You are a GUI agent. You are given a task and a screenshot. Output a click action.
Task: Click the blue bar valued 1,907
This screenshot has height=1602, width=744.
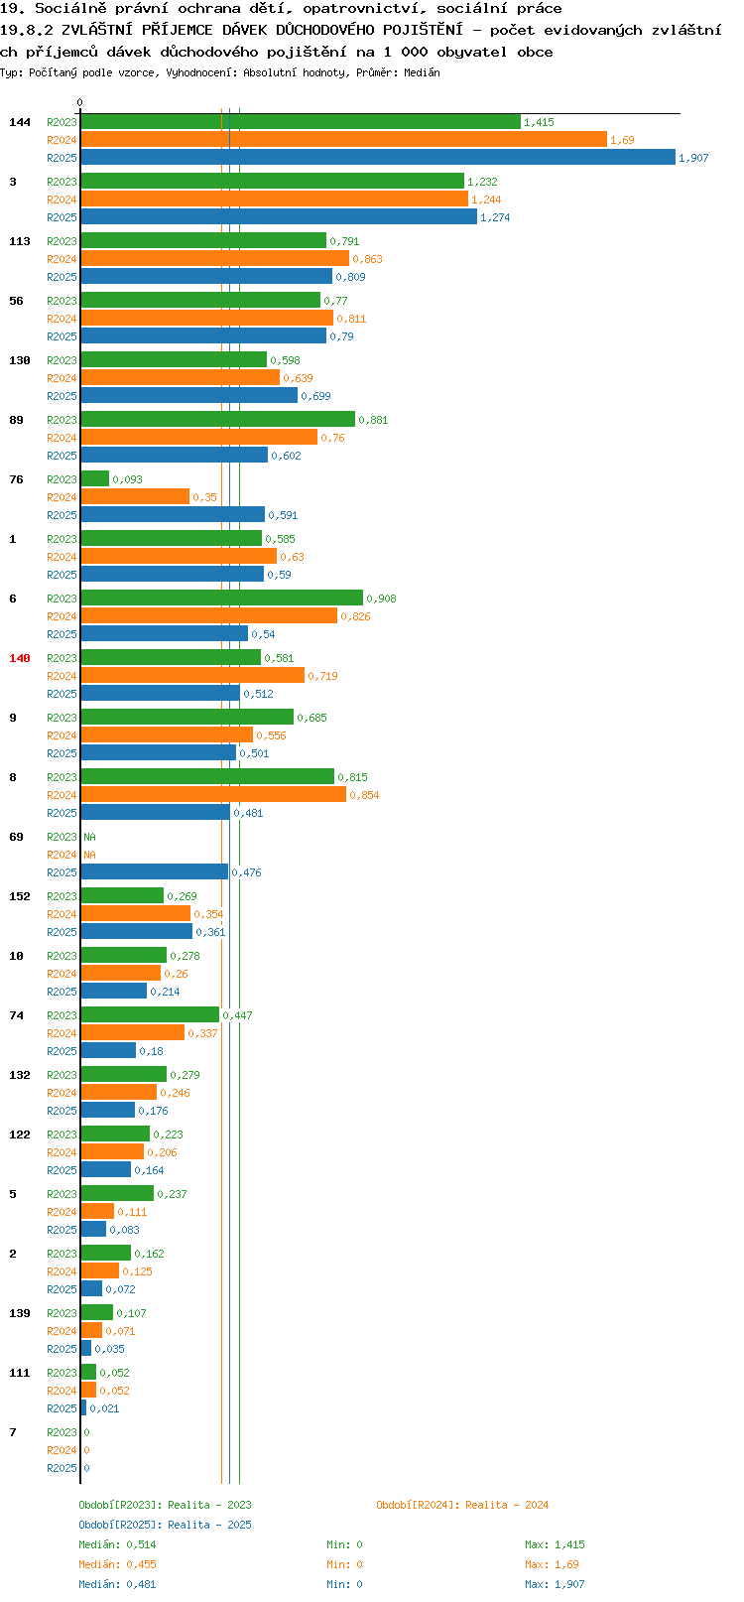coord(378,158)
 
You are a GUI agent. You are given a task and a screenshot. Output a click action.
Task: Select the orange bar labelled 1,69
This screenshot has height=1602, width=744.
coord(344,140)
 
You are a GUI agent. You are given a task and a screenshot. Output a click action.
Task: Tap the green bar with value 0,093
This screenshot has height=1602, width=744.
coord(95,478)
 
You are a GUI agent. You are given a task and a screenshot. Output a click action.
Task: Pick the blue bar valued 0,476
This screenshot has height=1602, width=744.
coord(155,871)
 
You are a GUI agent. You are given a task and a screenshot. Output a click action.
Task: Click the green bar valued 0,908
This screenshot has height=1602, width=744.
coord(222,598)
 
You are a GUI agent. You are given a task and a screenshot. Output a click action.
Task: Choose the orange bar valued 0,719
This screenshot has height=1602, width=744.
coord(193,675)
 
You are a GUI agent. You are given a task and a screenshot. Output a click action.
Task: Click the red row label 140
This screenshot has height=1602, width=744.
coord(19,658)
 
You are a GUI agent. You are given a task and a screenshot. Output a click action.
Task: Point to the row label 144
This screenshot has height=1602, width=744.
coord(19,122)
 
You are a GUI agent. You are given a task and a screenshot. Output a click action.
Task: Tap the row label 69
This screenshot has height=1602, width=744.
coord(16,837)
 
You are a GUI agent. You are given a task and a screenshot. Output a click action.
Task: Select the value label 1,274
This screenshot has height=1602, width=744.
coord(495,217)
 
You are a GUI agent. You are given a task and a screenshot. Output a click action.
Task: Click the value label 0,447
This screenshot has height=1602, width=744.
coord(237,1015)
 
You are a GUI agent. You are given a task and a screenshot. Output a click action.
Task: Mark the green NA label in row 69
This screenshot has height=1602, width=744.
coord(89,837)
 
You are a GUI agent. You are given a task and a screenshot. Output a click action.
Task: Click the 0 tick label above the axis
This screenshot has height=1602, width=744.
coord(79,102)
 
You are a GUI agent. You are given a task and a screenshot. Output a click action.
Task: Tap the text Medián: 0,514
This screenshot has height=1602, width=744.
coord(117,1544)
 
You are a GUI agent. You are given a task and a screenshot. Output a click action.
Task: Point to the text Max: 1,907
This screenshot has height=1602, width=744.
coord(555,1584)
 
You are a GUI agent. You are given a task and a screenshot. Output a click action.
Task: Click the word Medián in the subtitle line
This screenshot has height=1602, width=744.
coord(422,72)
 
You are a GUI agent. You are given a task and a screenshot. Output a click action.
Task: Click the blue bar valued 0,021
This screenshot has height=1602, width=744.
coord(83,1407)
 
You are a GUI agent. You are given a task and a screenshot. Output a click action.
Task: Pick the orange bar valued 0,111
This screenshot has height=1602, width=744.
coord(97,1211)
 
